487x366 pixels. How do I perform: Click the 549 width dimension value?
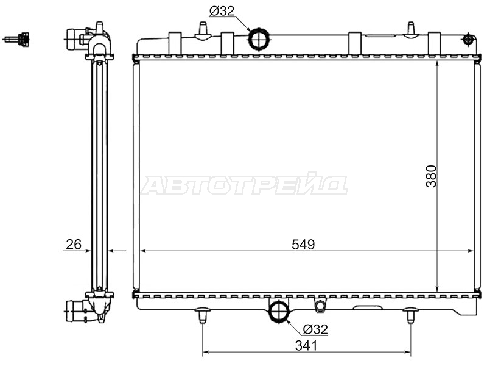303,245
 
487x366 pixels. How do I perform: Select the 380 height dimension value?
431,176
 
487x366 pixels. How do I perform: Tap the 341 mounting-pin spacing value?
306,345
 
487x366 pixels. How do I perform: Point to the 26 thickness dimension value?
74,245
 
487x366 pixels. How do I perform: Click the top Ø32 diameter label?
222,12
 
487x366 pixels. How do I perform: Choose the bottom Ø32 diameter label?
315,329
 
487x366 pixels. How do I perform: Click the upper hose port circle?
259,39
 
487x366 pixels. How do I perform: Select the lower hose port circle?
279,310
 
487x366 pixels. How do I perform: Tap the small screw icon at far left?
17,39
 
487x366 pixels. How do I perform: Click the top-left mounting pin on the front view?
203,30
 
